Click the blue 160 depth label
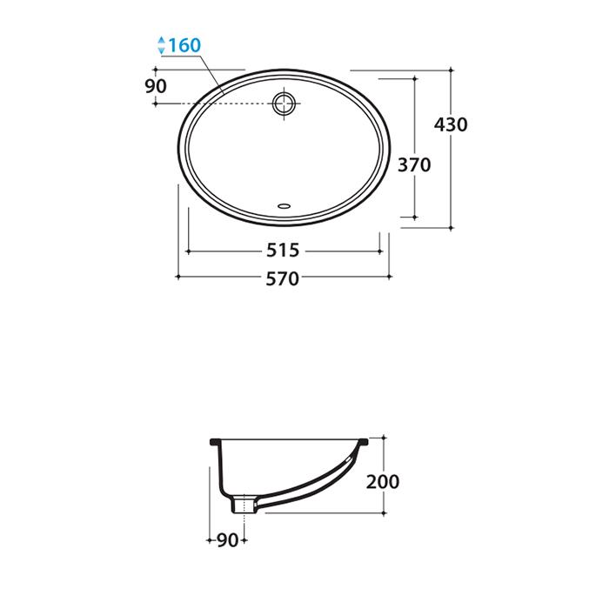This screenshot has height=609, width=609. coord(184,45)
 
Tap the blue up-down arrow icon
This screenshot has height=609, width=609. coord(162,45)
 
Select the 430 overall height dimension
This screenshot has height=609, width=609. coord(451,124)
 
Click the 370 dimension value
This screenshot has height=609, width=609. coord(414,165)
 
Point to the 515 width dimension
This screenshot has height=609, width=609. coord(283,251)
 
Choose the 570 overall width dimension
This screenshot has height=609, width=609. coord(283,278)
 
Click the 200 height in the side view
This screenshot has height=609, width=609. coord(383,482)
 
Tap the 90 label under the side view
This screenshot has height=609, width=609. coord(228,540)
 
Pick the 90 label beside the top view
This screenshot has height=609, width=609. coord(156,86)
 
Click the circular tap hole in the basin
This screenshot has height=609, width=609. coord(284,104)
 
